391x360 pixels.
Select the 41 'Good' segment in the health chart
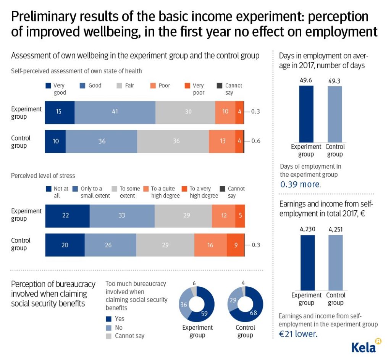pyautogui.click(x=115, y=112)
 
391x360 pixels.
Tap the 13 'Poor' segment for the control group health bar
pyautogui.click(x=222, y=141)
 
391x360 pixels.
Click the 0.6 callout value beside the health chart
pyautogui.click(x=255, y=141)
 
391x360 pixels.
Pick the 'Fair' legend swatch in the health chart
pyautogui.click(x=118, y=86)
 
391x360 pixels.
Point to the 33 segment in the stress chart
pyautogui.click(x=122, y=215)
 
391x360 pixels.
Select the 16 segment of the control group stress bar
pyautogui.click(x=210, y=245)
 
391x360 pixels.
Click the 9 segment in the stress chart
pyautogui.click(x=235, y=245)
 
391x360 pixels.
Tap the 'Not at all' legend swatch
pyautogui.click(x=48, y=189)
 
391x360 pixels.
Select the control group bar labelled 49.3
pyautogui.click(x=334, y=114)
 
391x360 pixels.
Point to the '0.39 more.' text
pyautogui.click(x=301, y=184)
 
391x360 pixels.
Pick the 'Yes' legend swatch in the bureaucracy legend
pyautogui.click(x=108, y=319)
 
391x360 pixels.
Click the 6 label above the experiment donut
pyautogui.click(x=194, y=283)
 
